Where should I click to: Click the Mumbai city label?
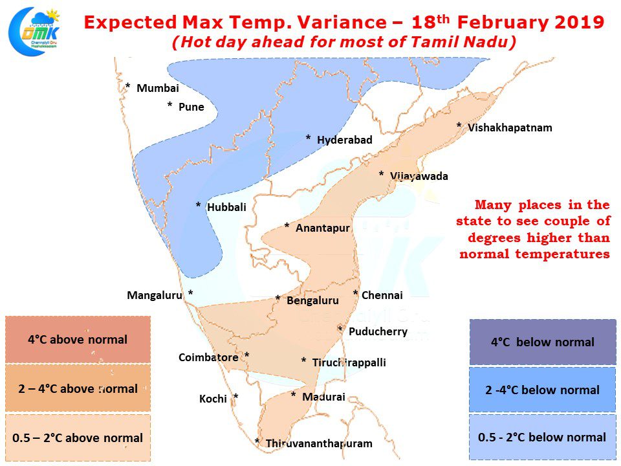tap(158, 89)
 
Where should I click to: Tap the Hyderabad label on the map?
tap(345, 140)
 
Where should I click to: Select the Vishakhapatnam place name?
tap(510, 128)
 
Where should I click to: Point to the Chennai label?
tap(382, 295)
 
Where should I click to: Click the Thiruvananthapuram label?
tap(319, 443)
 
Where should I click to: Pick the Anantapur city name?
tap(323, 228)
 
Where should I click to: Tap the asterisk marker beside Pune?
tap(170, 105)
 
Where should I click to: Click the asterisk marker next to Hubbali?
tap(199, 205)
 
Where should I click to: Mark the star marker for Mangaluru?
tap(190, 293)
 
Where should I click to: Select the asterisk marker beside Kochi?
tap(236, 396)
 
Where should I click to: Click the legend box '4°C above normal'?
tap(78, 340)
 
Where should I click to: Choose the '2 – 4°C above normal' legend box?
tap(78, 388)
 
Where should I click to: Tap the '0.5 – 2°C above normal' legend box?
tap(78, 438)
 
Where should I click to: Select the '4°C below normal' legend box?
tap(543, 342)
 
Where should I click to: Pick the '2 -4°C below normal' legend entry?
tap(543, 390)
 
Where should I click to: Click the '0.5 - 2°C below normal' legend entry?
tap(543, 438)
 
